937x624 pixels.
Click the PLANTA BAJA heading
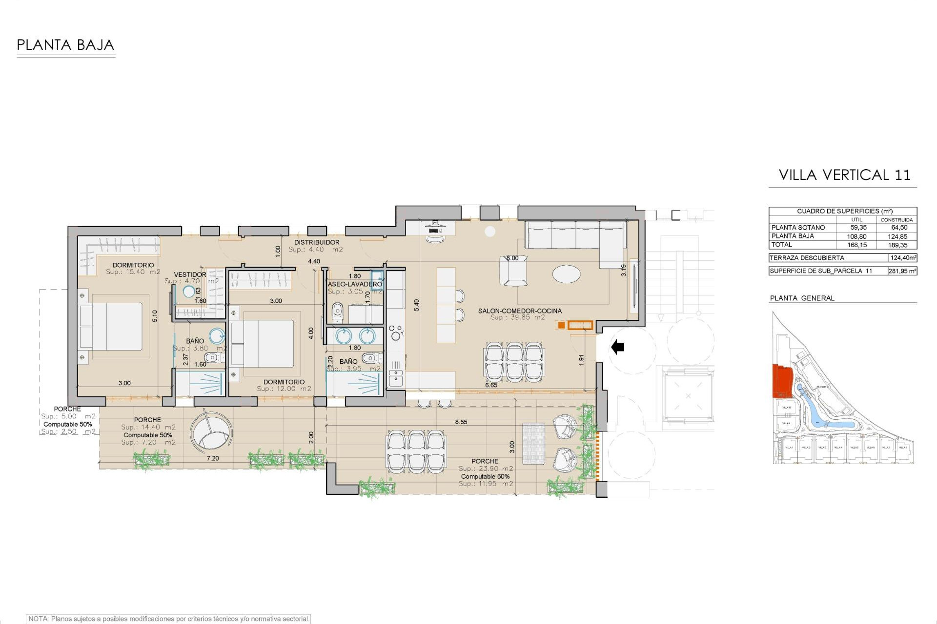(65, 45)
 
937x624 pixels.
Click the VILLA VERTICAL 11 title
(844, 175)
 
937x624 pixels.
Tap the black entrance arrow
(618, 347)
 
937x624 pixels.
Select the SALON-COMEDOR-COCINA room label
(519, 311)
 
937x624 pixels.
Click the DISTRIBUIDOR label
(316, 242)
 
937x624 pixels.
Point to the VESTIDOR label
(190, 274)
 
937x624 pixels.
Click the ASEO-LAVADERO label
(355, 284)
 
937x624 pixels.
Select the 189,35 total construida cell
(897, 245)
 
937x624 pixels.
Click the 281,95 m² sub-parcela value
(902, 271)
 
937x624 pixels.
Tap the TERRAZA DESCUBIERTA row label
(807, 258)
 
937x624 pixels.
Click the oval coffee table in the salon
(566, 273)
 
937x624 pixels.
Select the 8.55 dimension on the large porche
(461, 422)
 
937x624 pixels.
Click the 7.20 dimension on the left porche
(212, 458)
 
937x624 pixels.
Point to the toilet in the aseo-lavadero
(337, 312)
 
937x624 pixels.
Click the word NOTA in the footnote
(38, 619)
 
